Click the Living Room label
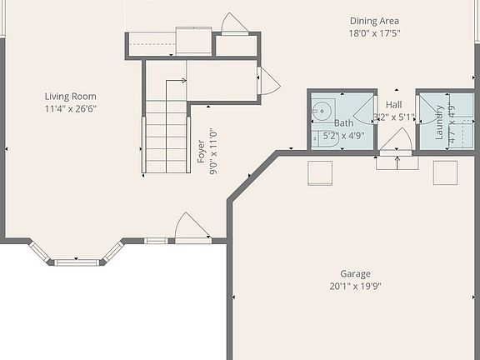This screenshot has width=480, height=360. (72, 96)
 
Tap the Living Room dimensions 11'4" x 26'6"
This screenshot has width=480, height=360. (72, 108)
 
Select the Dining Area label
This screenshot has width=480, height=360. (373, 21)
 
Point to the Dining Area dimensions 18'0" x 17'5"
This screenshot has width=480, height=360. (373, 33)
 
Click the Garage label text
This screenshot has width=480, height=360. (355, 273)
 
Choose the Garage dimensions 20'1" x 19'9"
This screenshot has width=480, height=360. (355, 286)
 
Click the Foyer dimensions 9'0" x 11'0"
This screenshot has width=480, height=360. (213, 151)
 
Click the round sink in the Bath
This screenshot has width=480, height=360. (321, 109)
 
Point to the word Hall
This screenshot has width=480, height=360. (393, 104)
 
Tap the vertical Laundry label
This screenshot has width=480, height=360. (439, 121)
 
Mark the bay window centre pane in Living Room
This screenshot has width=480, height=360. (77, 262)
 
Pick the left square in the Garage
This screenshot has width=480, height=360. (321, 172)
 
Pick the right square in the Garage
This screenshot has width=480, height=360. (445, 172)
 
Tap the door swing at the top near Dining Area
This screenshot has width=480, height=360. (232, 24)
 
